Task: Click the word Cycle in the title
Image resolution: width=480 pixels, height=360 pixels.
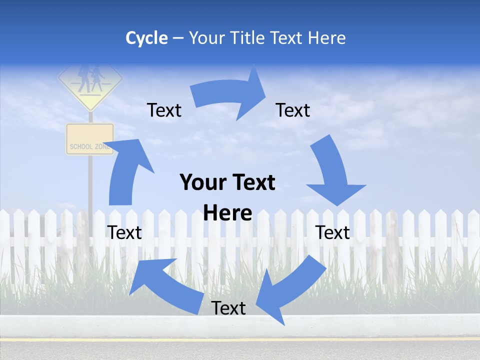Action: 146,38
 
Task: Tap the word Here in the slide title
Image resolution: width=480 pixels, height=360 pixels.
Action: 326,38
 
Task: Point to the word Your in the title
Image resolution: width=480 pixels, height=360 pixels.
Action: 206,38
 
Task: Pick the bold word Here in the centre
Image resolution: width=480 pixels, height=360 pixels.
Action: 227,213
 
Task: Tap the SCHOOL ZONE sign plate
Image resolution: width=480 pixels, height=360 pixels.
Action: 90,139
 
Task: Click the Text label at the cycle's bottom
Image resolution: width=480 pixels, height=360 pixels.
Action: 228,308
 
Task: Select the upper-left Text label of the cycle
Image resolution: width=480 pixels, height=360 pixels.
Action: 164,110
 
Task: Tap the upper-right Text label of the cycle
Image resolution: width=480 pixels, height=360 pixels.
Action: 293,110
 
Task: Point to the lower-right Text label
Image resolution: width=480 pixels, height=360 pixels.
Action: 332,232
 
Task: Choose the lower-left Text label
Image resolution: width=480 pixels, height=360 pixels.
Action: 124,232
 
